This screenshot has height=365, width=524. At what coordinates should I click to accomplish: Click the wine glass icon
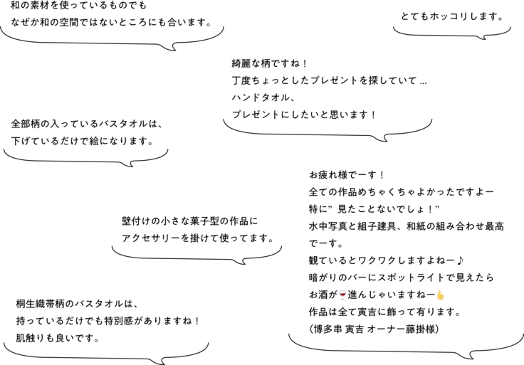tap(342, 295)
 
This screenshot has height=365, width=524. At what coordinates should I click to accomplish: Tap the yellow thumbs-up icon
tap(441, 295)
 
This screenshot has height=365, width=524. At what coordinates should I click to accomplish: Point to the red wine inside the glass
tap(342, 293)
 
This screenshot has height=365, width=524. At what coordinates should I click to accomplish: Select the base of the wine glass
tap(342, 299)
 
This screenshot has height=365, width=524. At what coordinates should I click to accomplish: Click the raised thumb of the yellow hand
tap(439, 292)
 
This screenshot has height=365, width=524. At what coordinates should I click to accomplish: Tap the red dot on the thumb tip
tap(439, 291)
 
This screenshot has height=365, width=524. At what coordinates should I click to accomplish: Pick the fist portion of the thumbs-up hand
tap(441, 297)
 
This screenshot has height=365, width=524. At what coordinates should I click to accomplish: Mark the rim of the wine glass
tap(342, 290)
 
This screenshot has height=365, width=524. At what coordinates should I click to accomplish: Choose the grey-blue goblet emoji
tap(342, 295)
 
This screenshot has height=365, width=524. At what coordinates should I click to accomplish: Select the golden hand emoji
tap(441, 295)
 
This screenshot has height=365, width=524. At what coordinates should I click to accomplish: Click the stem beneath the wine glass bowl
tap(342, 297)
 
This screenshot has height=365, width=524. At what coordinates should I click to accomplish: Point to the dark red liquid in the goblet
tap(342, 293)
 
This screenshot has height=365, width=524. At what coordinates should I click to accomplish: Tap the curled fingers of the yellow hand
tap(442, 297)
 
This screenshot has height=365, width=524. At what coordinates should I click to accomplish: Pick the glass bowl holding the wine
tap(342, 293)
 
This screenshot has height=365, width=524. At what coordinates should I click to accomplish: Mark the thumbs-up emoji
tap(441, 295)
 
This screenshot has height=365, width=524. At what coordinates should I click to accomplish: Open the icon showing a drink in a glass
tap(342, 295)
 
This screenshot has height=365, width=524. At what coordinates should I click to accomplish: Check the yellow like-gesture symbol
tap(441, 295)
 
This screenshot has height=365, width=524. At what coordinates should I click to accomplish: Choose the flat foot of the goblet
tap(342, 299)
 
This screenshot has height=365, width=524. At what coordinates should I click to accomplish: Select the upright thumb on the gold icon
tap(439, 292)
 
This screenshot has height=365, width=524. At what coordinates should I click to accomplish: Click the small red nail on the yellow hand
tap(439, 291)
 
